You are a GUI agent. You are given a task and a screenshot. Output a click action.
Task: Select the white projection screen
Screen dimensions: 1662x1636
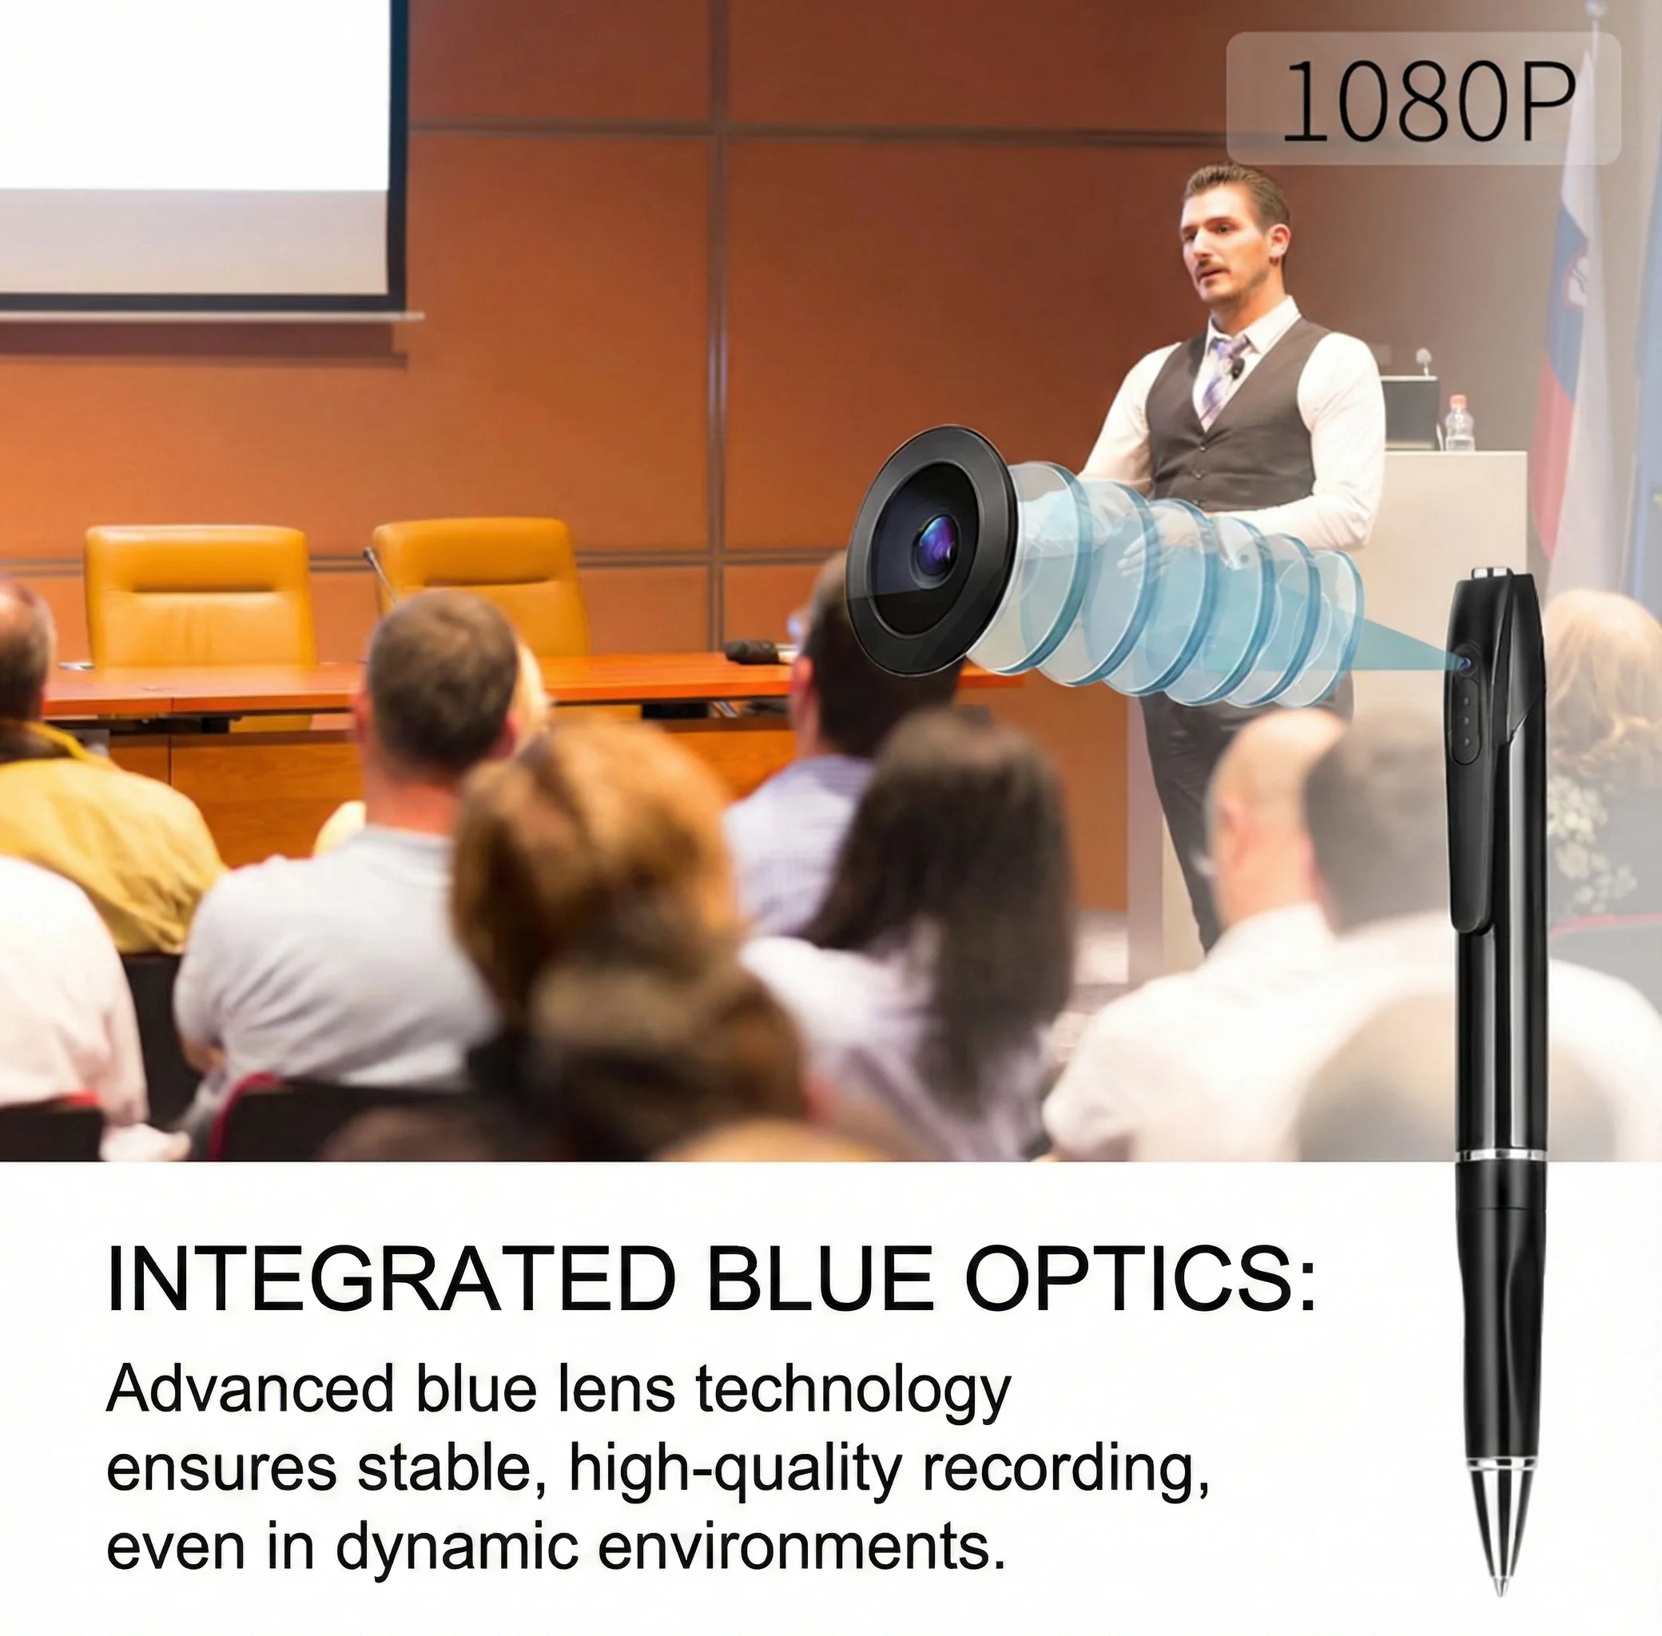point(193,146)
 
